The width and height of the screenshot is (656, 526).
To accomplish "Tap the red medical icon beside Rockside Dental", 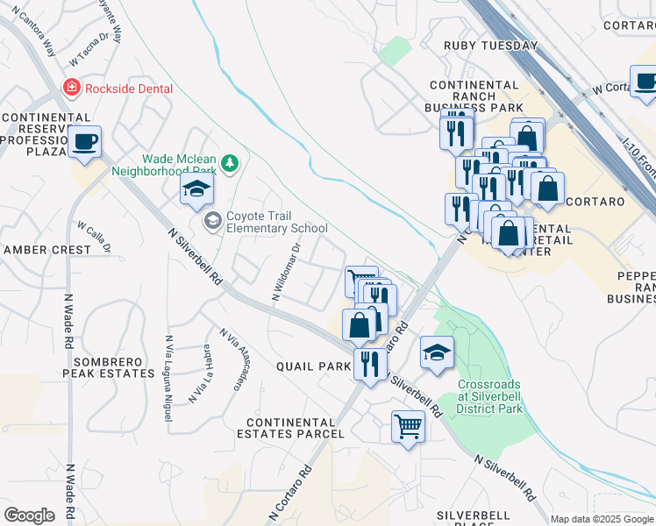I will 70,89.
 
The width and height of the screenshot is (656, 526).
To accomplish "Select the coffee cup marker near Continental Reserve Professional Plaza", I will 85,142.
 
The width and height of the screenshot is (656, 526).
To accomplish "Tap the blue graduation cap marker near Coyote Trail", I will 196,190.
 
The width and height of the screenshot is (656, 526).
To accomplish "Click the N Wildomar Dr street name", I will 286,272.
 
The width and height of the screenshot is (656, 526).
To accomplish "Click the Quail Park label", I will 313,366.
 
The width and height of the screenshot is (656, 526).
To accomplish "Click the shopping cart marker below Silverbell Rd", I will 408,428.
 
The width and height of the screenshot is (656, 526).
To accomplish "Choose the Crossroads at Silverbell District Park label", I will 489,396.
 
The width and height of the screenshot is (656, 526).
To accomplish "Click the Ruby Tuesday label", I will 490,46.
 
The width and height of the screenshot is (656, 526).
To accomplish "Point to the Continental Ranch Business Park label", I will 473,96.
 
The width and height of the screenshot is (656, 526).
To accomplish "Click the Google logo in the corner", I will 29,515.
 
